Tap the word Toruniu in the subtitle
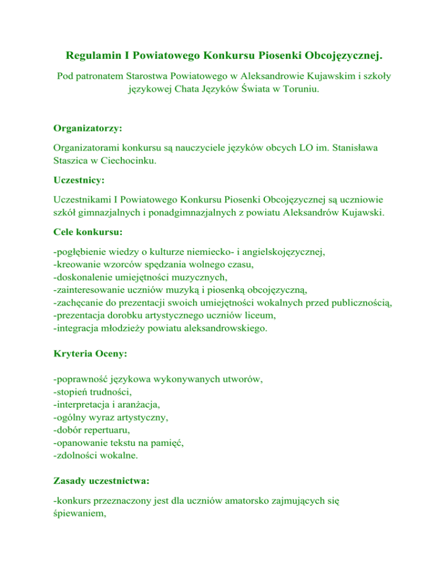(299, 90)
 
